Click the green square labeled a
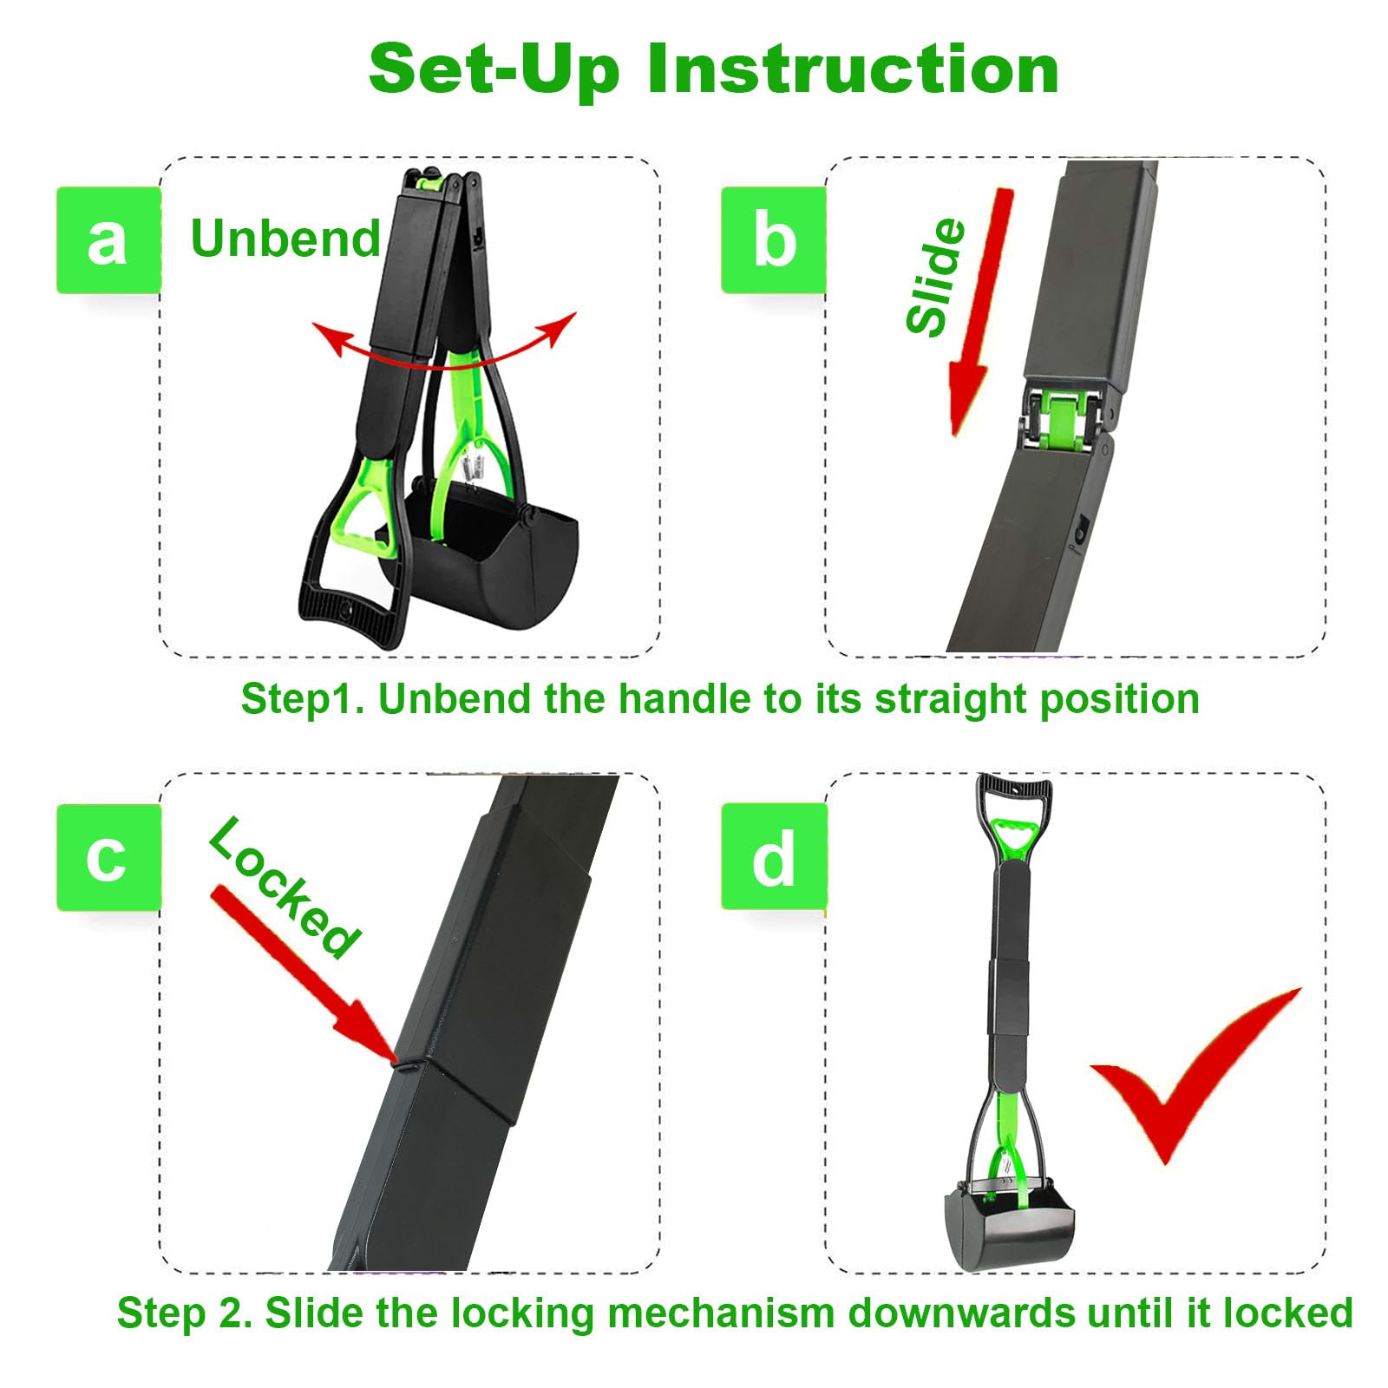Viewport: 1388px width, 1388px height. (108, 240)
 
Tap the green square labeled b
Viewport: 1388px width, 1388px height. (774, 240)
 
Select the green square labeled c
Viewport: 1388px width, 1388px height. (108, 857)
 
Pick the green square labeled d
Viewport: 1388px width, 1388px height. (774, 857)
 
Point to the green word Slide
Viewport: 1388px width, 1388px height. (935, 277)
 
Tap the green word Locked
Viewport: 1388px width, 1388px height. (284, 887)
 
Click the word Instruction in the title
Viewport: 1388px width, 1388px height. (853, 69)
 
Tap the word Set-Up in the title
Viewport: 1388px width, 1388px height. (494, 69)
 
